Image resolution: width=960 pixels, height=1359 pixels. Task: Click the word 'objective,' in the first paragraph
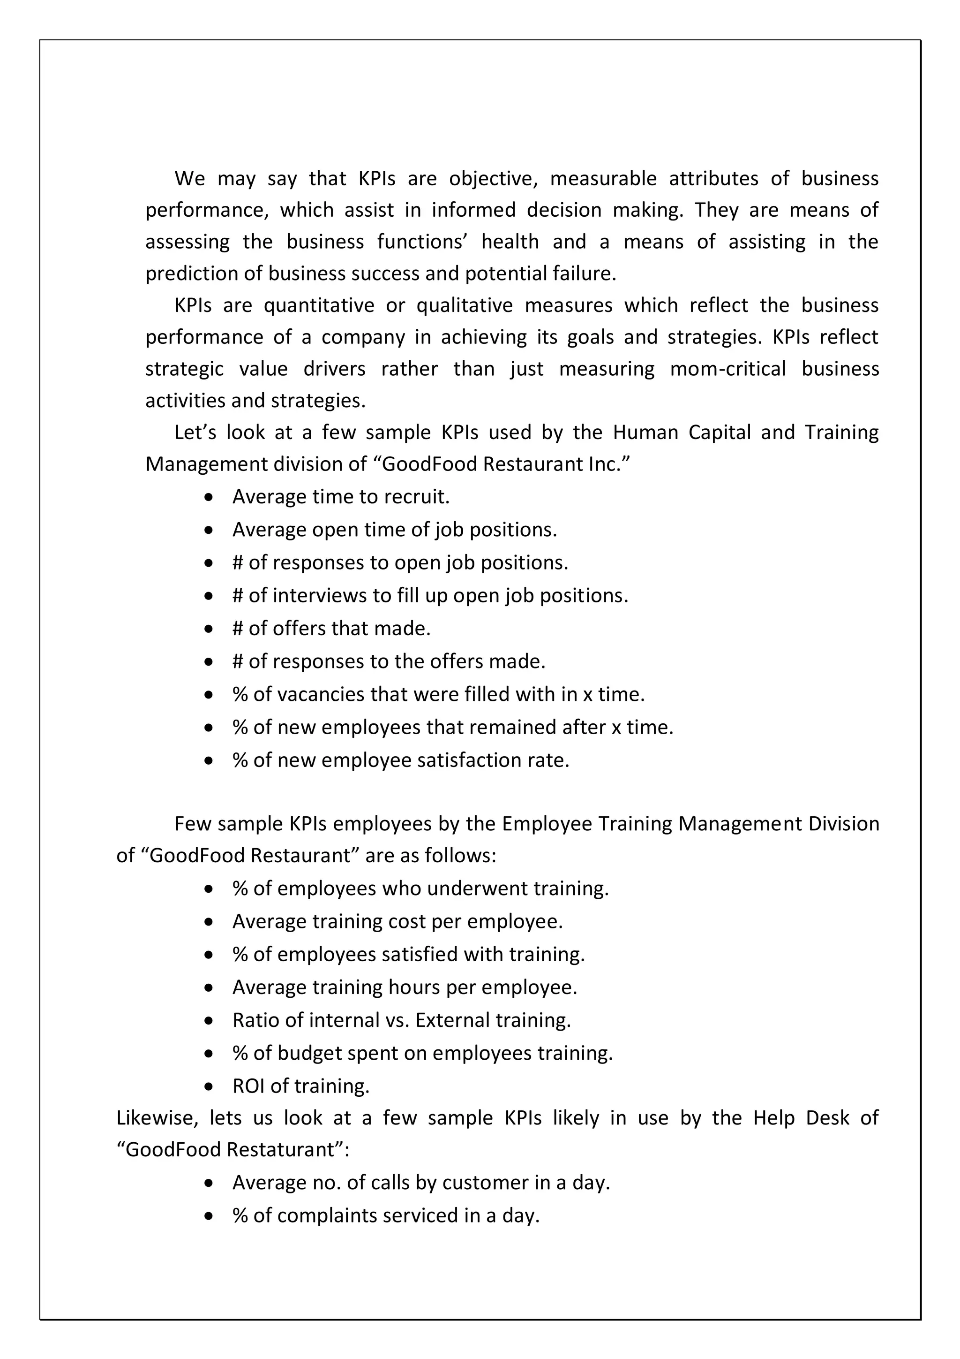pos(493,179)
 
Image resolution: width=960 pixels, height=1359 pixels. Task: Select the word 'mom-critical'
pos(727,369)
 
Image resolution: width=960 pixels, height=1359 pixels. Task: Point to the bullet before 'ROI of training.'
pos(208,1087)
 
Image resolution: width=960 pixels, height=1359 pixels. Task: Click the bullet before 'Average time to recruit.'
pos(208,498)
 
